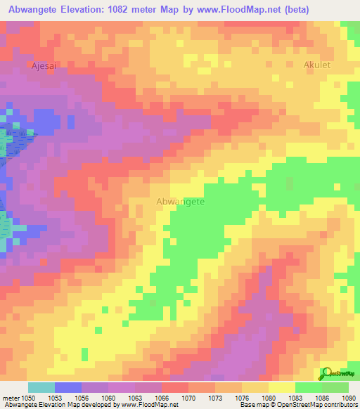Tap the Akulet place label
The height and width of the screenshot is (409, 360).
tap(316, 65)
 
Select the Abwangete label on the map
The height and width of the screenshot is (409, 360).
tap(180, 201)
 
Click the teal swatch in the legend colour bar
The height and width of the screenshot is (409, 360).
tap(41, 387)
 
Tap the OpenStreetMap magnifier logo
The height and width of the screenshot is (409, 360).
tap(328, 373)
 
